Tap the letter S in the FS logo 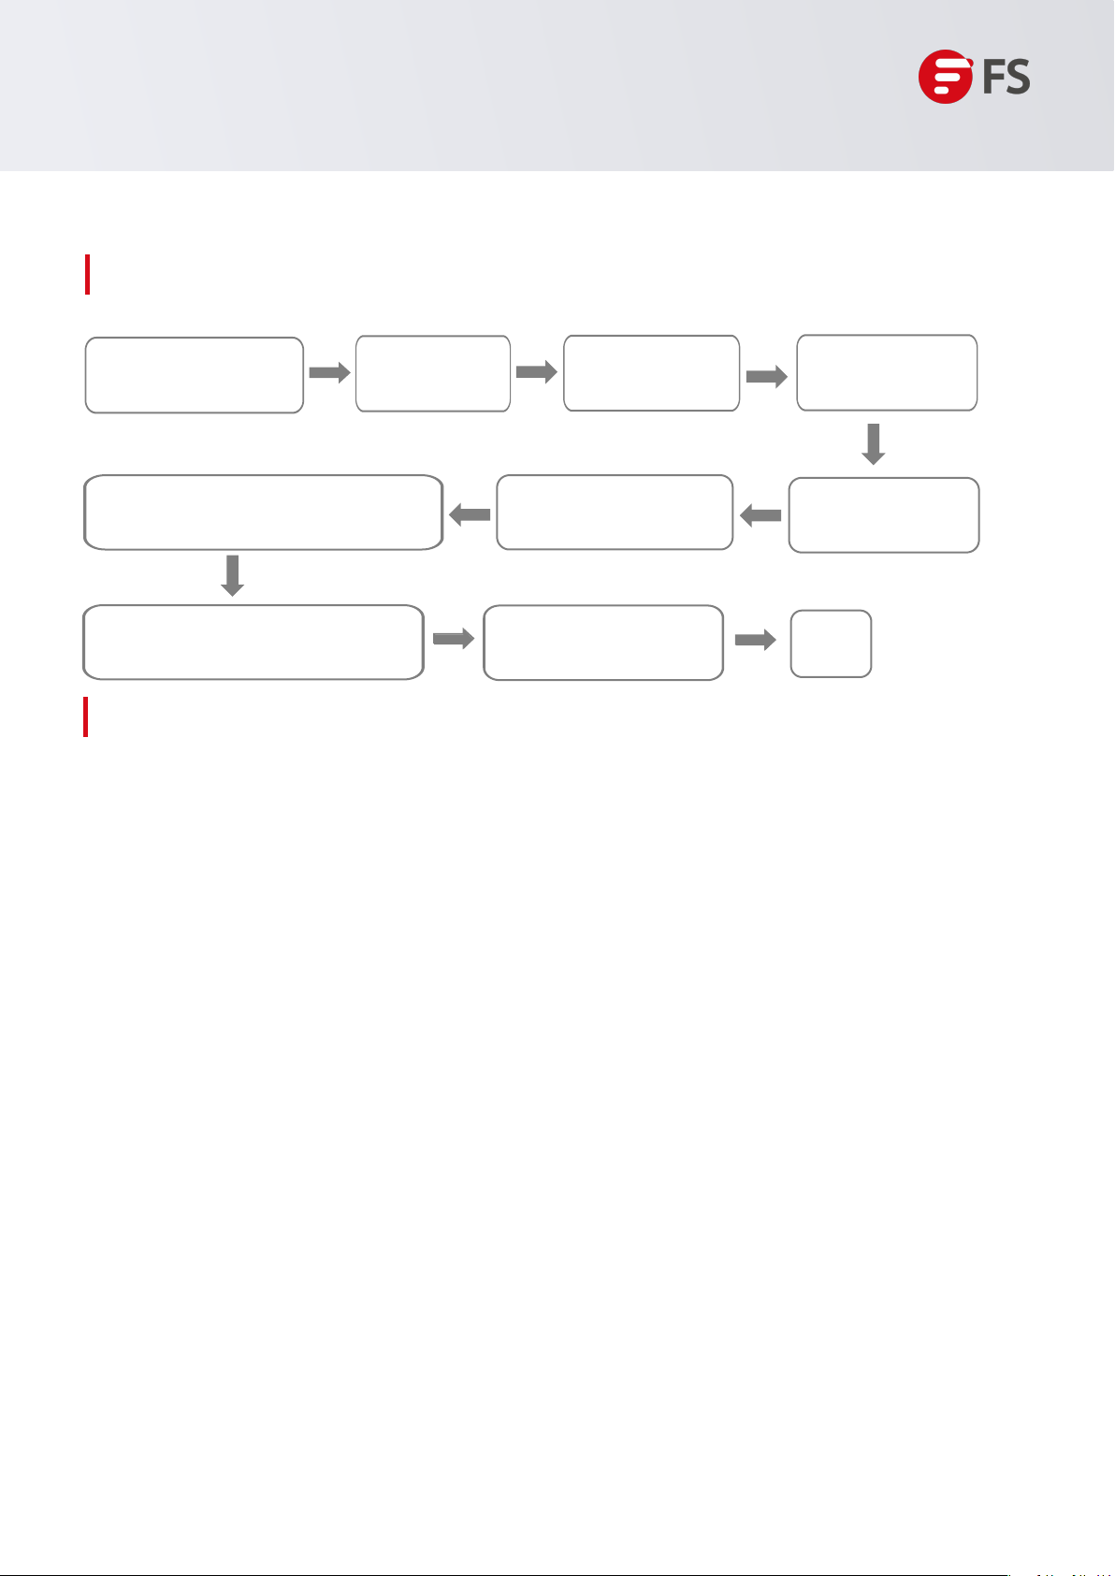[1017, 77]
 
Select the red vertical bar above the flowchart [87, 274]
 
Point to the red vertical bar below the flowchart [86, 716]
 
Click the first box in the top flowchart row [195, 375]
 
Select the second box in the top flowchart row [433, 373]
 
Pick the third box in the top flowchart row [651, 373]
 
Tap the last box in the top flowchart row [887, 372]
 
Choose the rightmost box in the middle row [884, 515]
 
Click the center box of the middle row [615, 513]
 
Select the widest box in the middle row [263, 513]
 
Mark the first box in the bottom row [253, 642]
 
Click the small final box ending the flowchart [831, 643]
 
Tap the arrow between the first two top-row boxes [329, 372]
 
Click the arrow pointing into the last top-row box [767, 376]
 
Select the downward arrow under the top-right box [873, 444]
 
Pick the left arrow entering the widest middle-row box [471, 514]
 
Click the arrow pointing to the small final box [756, 641]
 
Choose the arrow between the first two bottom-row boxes [454, 639]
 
